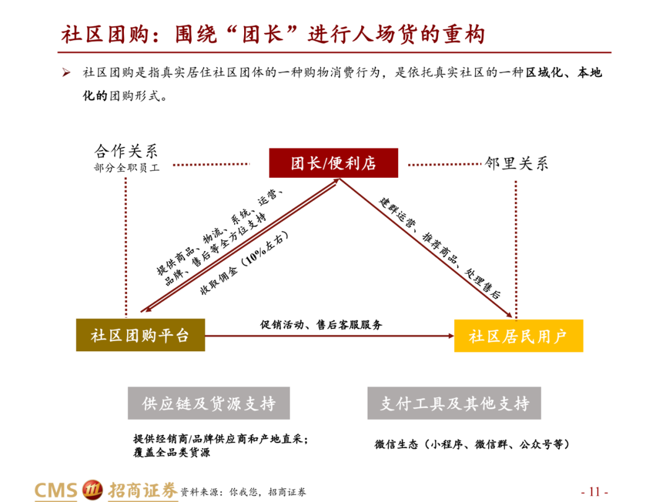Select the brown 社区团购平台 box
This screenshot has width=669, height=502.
click(x=140, y=336)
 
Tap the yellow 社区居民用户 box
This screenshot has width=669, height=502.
click(x=518, y=336)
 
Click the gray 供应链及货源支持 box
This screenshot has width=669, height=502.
click(x=209, y=403)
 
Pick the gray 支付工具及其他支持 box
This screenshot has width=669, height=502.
click(x=454, y=403)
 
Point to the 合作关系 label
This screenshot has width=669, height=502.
click(x=126, y=151)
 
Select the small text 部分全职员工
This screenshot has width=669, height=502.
click(x=126, y=167)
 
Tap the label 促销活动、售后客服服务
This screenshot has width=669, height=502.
click(x=321, y=325)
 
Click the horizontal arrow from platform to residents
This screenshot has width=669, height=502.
click(x=328, y=336)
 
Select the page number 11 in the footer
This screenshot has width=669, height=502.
click(x=594, y=491)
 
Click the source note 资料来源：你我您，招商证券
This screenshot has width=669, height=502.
click(x=243, y=492)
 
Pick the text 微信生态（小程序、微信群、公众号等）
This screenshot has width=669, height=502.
click(x=471, y=444)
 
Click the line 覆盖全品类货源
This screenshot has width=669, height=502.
click(x=172, y=453)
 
